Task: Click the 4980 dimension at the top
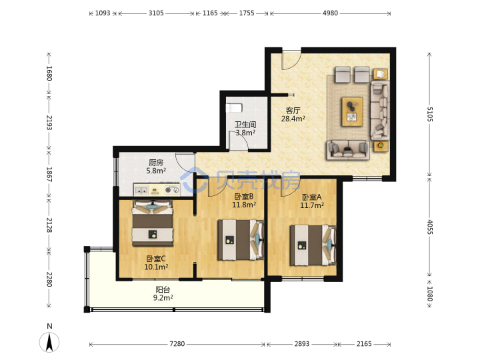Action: point(330,13)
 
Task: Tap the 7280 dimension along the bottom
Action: point(177,344)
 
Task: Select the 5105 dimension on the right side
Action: point(430,114)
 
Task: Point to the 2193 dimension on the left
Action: point(49,123)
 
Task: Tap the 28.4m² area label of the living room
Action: point(293,119)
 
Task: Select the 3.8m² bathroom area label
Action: point(245,133)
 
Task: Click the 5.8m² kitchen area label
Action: point(156,171)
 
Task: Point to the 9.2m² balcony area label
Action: point(163,297)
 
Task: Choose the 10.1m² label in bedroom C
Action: point(156,267)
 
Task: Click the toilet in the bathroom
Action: point(234,108)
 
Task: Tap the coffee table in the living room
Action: point(353,111)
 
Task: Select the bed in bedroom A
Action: point(313,245)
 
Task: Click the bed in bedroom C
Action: point(153,223)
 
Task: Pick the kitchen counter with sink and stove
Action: point(157,190)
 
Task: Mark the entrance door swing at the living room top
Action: point(291,60)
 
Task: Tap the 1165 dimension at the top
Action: point(210,13)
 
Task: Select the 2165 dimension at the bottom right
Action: point(364,344)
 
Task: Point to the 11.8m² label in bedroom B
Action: point(244,205)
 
